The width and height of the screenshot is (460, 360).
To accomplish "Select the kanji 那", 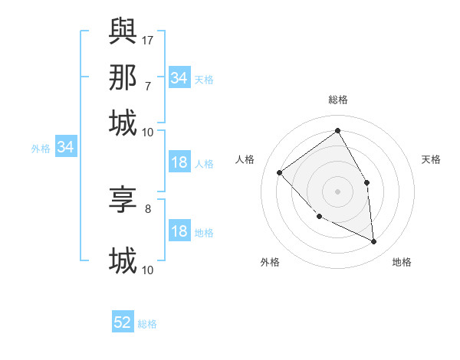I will click(x=123, y=77).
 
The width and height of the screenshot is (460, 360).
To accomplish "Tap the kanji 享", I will click(x=123, y=201).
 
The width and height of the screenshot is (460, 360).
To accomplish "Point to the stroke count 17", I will click(x=148, y=39).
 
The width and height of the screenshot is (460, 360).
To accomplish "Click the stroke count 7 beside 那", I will click(x=147, y=86).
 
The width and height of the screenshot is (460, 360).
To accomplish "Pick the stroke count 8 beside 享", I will click(x=147, y=208).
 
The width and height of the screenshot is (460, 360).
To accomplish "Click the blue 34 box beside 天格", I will click(x=179, y=77).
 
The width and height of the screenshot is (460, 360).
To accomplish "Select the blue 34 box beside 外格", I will click(x=65, y=147).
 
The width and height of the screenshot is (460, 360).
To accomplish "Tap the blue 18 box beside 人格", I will click(x=179, y=162).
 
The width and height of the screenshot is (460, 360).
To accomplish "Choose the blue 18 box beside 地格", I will click(x=179, y=231).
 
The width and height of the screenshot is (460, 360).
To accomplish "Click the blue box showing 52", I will click(x=123, y=322).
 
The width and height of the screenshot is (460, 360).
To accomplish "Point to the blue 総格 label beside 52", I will click(x=147, y=324).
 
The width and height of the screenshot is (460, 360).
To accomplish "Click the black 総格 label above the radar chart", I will click(x=337, y=100).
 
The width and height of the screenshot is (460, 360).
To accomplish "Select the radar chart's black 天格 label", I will click(x=432, y=159).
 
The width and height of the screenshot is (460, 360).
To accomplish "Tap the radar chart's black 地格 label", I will click(x=402, y=262).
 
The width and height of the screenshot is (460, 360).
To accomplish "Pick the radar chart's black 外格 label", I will click(x=270, y=262).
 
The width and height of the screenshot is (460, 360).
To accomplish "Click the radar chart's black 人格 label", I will click(x=245, y=159).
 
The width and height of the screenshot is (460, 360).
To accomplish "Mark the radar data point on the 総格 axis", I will click(x=337, y=130).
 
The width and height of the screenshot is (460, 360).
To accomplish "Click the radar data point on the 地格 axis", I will click(x=373, y=241).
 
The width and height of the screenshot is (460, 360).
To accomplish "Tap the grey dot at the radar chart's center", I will click(x=337, y=191).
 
